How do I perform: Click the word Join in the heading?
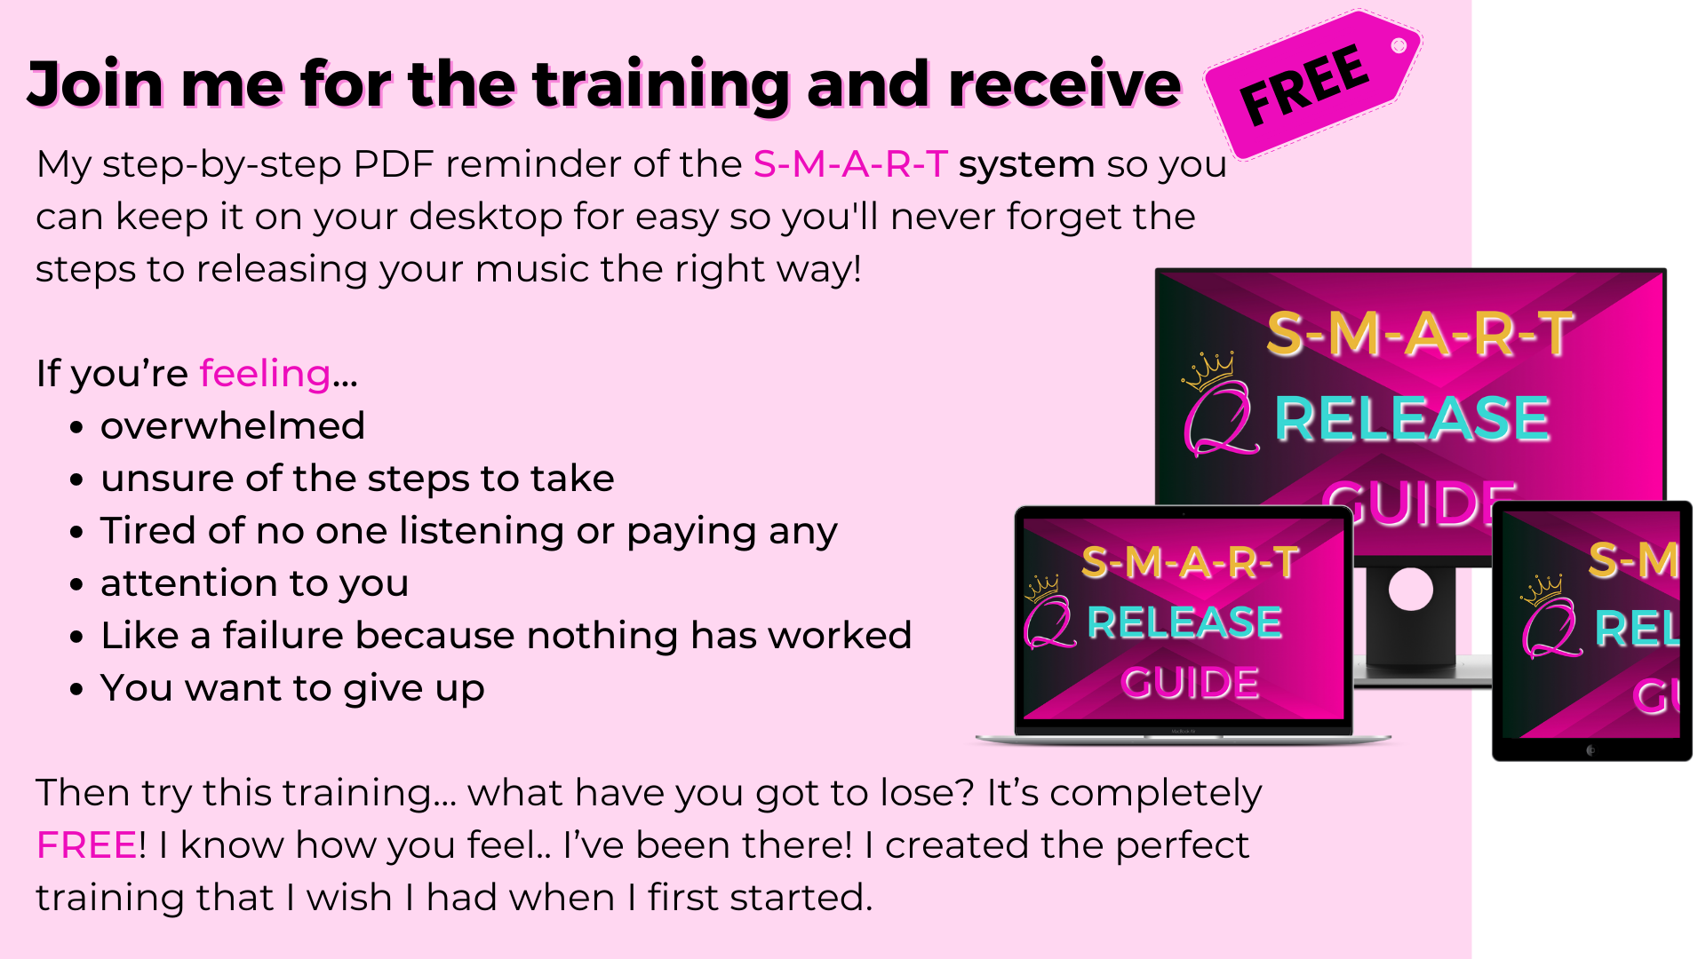[95, 84]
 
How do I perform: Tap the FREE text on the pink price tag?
[1304, 85]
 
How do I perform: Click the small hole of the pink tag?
[1399, 45]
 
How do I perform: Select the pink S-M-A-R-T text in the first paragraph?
[850, 164]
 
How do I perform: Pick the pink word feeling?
[265, 374]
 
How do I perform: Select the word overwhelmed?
[233, 426]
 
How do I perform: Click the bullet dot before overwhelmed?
[77, 428]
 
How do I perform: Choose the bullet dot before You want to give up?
[77, 690]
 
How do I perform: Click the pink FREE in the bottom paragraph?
[87, 845]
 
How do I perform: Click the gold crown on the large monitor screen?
[1208, 371]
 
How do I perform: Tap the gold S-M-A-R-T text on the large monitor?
[1420, 334]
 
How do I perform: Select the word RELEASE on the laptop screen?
[1184, 622]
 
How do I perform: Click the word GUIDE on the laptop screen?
[1190, 683]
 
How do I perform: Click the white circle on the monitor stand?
[1411, 589]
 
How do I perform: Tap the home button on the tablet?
[1590, 750]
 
